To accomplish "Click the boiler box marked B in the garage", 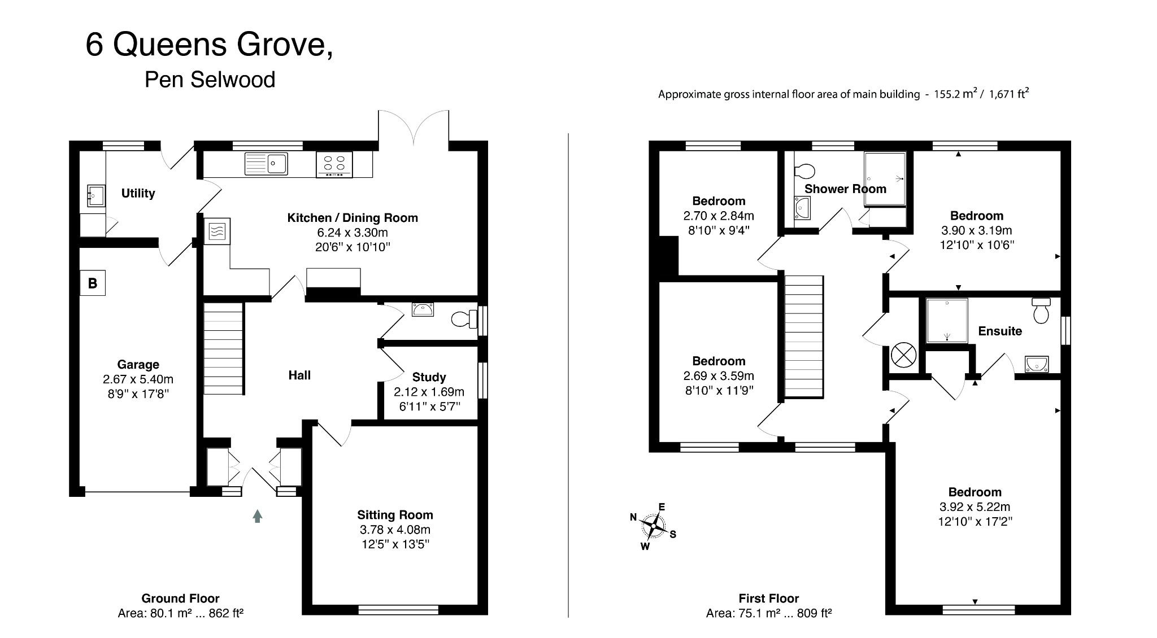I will [x=93, y=283].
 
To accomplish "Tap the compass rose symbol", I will [x=653, y=526].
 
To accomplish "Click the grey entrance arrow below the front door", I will [x=258, y=516].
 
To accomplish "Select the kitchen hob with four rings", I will [x=334, y=164].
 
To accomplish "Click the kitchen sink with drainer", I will [x=266, y=164].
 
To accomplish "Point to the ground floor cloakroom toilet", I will [x=465, y=320].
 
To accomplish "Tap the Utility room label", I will [x=138, y=194].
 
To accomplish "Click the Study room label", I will [x=429, y=377].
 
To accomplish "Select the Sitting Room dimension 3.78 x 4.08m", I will [x=395, y=530].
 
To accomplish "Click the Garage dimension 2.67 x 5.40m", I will [x=138, y=379].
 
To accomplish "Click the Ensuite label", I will [x=999, y=331].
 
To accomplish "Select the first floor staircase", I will [x=803, y=337].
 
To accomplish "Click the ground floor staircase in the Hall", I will [x=223, y=348].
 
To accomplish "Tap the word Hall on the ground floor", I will [x=299, y=375].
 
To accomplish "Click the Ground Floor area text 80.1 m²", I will [x=180, y=613].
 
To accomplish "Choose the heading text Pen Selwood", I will [x=210, y=80].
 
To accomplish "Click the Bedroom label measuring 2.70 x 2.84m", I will [x=719, y=201].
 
